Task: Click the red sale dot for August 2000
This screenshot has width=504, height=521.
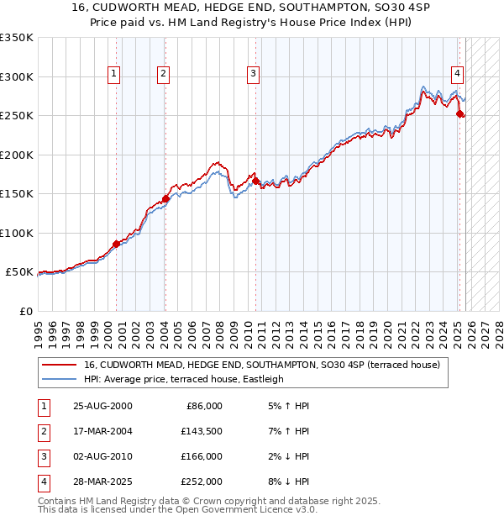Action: click(116, 244)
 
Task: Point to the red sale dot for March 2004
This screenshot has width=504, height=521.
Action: click(165, 199)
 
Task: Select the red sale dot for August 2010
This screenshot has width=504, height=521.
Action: click(255, 181)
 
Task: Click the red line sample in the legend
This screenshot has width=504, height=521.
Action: click(60, 366)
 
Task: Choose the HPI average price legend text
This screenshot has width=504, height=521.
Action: click(184, 380)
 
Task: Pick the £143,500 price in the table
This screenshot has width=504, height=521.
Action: click(202, 431)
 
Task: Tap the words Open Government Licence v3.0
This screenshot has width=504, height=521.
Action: click(253, 509)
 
